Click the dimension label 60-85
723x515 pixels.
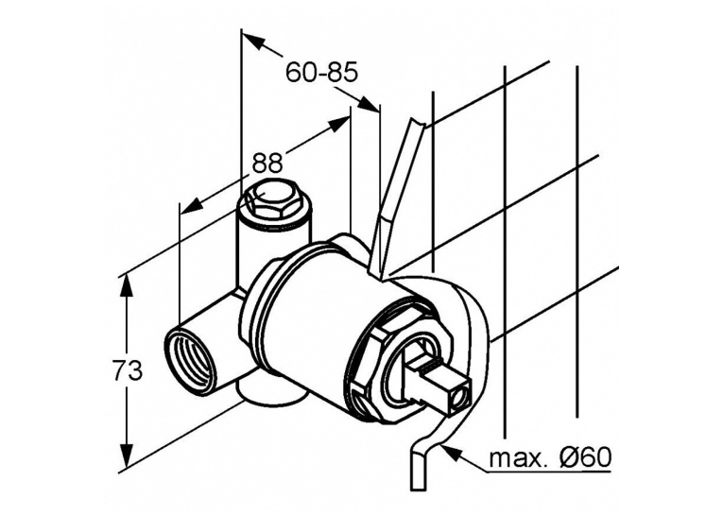(x=321, y=73)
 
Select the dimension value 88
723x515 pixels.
(x=267, y=163)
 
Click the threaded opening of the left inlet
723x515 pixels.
(x=190, y=361)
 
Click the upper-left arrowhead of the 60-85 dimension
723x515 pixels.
(x=253, y=41)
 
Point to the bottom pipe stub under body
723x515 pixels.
(x=273, y=392)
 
